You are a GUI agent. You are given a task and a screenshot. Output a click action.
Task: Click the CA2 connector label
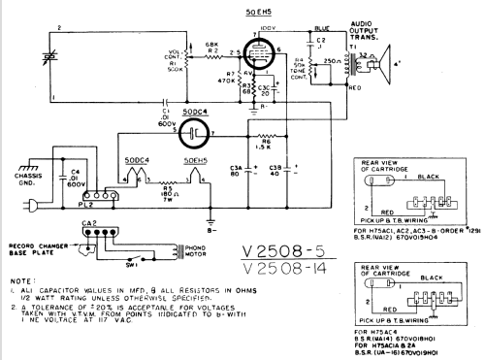click(89, 222)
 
